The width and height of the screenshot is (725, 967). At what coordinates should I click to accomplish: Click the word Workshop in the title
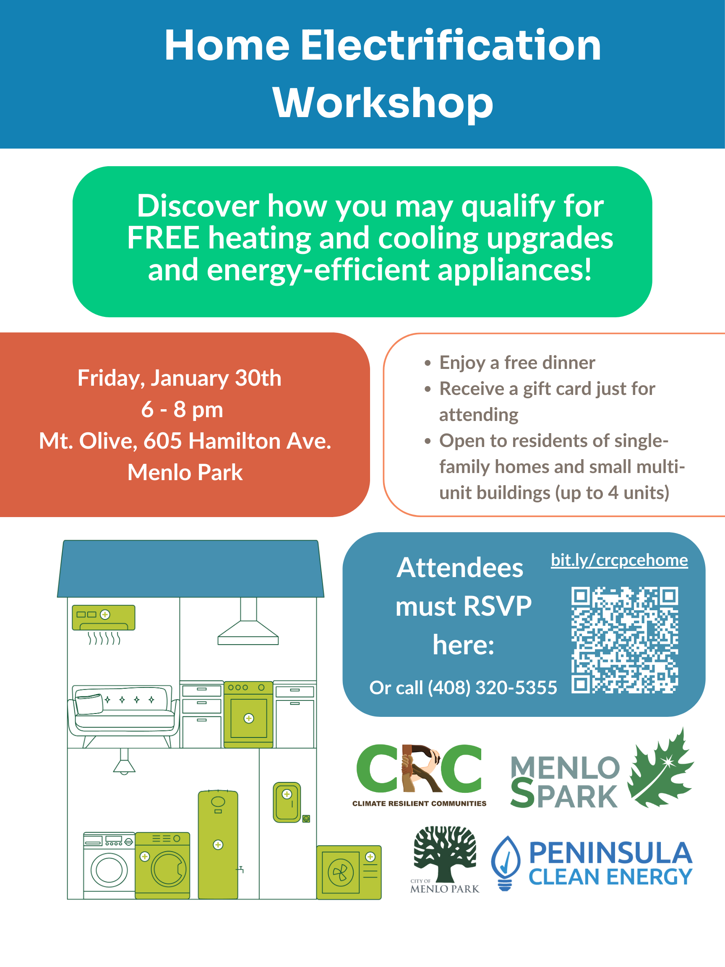pyautogui.click(x=383, y=104)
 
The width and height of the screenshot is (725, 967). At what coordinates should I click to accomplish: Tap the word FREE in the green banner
pyautogui.click(x=163, y=238)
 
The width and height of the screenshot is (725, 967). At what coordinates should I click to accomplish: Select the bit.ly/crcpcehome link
pyautogui.click(x=619, y=560)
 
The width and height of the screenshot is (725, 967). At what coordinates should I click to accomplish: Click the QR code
pyautogui.click(x=624, y=640)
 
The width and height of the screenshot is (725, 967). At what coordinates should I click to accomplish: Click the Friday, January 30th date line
pyautogui.click(x=179, y=378)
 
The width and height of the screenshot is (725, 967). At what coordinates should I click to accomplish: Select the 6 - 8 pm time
pyautogui.click(x=182, y=410)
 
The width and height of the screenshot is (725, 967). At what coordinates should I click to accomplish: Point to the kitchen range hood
pyautogui.click(x=248, y=624)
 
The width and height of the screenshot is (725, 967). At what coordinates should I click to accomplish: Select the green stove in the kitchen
pyautogui.click(x=248, y=714)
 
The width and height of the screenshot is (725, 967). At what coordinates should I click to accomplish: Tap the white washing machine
pyautogui.click(x=109, y=865)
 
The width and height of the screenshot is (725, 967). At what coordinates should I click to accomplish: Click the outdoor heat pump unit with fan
pyautogui.click(x=348, y=872)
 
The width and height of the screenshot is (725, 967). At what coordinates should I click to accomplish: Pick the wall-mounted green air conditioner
pyautogui.click(x=104, y=617)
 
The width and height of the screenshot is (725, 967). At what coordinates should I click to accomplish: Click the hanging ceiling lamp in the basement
pyautogui.click(x=124, y=763)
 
